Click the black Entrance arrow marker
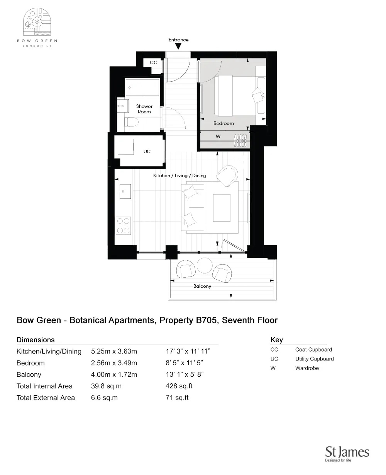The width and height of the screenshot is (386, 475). pos(178,47)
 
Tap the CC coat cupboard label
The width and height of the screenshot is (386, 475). pos(154,62)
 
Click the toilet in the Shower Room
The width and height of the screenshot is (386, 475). pos(132,122)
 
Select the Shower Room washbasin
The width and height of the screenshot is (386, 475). pos(123,105)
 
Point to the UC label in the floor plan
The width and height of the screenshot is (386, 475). pos(147,152)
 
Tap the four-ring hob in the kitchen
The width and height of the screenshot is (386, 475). pos(124,226)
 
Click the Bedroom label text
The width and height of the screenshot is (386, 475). pos(223,123)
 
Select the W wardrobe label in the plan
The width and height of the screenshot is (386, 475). pos(218,137)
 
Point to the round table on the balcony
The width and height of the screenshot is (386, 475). pos(204,266)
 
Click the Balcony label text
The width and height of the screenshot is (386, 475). pos(202,286)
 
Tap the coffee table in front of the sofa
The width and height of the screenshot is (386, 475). pos(222,207)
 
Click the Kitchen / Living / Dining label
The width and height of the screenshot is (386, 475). pos(179,176)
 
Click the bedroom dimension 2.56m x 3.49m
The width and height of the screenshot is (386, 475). pos(114,363)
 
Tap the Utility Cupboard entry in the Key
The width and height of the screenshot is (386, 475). pos(314,359)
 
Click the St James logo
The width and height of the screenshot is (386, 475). pos(347,454)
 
